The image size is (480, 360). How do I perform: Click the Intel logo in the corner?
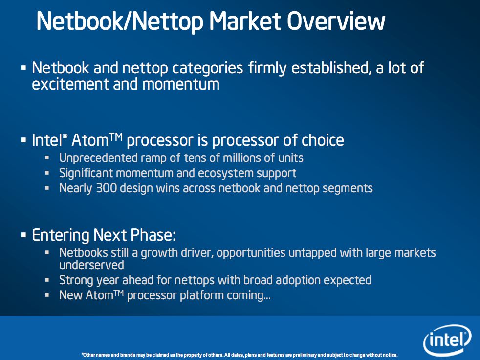point(447,340)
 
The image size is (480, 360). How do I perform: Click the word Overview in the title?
point(336,21)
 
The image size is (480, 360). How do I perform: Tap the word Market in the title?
point(245,21)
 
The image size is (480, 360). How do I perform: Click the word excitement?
point(69,84)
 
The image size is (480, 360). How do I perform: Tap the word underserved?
point(91,265)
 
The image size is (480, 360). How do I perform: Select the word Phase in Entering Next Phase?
point(153,235)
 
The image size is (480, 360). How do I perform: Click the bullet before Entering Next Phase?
point(23,235)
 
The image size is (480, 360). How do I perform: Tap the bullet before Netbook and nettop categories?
point(23,67)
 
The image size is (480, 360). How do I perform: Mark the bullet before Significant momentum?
point(47,173)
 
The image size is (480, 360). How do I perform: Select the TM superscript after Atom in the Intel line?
point(116,136)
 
